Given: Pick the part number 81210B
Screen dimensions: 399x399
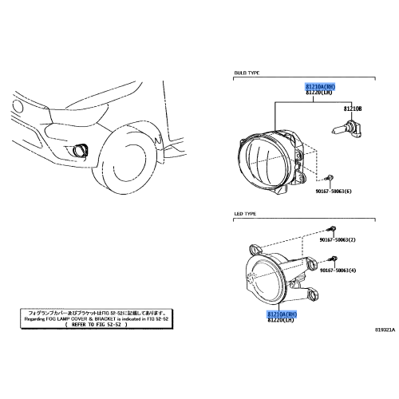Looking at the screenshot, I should [353, 108].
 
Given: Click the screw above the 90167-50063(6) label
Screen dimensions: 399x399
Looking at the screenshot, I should [331, 177].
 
